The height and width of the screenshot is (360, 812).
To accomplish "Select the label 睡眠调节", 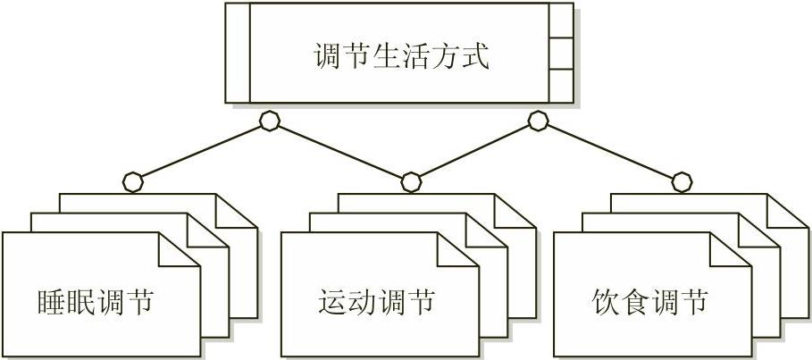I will click(x=96, y=302).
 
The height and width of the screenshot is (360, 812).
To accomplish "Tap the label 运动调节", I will click(x=376, y=302).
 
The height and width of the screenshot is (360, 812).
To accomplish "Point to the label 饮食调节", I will click(x=649, y=302).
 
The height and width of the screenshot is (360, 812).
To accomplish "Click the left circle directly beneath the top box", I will click(x=269, y=121).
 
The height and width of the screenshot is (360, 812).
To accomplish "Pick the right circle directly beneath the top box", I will click(x=537, y=121).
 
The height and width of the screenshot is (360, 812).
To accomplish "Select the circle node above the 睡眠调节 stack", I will click(x=132, y=182).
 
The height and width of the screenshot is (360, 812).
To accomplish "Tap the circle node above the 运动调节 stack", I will click(x=411, y=182).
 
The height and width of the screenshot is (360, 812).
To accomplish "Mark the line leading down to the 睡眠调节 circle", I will click(x=201, y=152).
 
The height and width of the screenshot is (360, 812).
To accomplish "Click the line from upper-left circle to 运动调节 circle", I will click(x=339, y=152).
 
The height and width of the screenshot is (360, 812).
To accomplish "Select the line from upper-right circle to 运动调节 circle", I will click(x=473, y=152).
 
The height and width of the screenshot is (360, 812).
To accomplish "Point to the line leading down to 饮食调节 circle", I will click(x=610, y=152).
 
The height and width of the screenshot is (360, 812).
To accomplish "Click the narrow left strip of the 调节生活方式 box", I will click(x=237, y=53).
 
